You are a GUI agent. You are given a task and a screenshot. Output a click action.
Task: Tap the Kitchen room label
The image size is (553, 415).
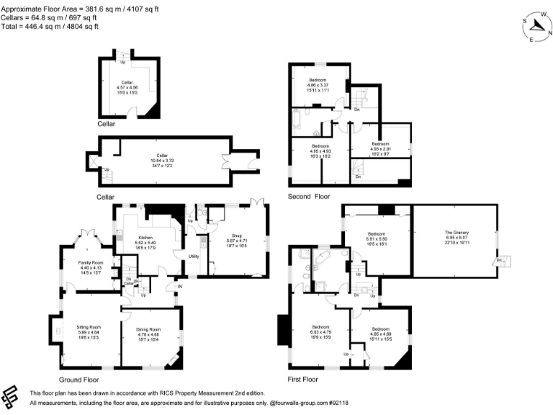(145, 237)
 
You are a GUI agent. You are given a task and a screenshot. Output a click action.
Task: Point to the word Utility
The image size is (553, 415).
(194, 256)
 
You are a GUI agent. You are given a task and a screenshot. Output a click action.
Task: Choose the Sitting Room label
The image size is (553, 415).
(89, 326)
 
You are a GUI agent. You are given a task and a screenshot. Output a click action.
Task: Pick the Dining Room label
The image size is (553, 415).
(152, 329)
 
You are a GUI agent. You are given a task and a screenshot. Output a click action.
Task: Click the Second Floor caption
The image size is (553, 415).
(309, 196)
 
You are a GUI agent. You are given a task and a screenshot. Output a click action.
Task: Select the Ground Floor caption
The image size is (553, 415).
(78, 378)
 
